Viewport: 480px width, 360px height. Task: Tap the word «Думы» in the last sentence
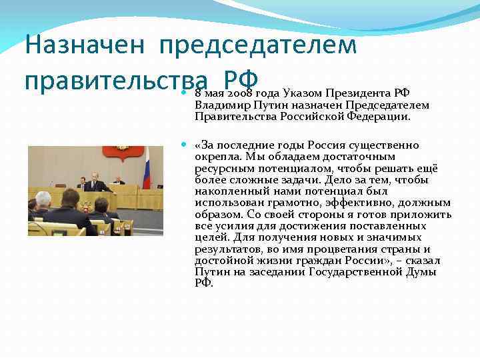click(x=421, y=272)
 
